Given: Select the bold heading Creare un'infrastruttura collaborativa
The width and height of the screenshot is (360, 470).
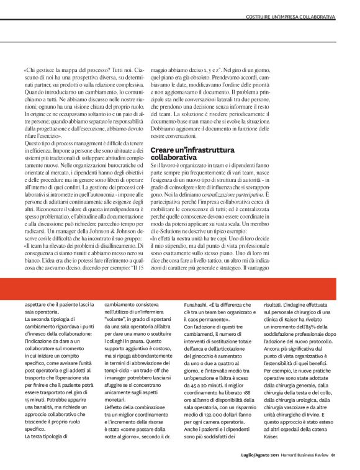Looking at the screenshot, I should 184,155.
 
